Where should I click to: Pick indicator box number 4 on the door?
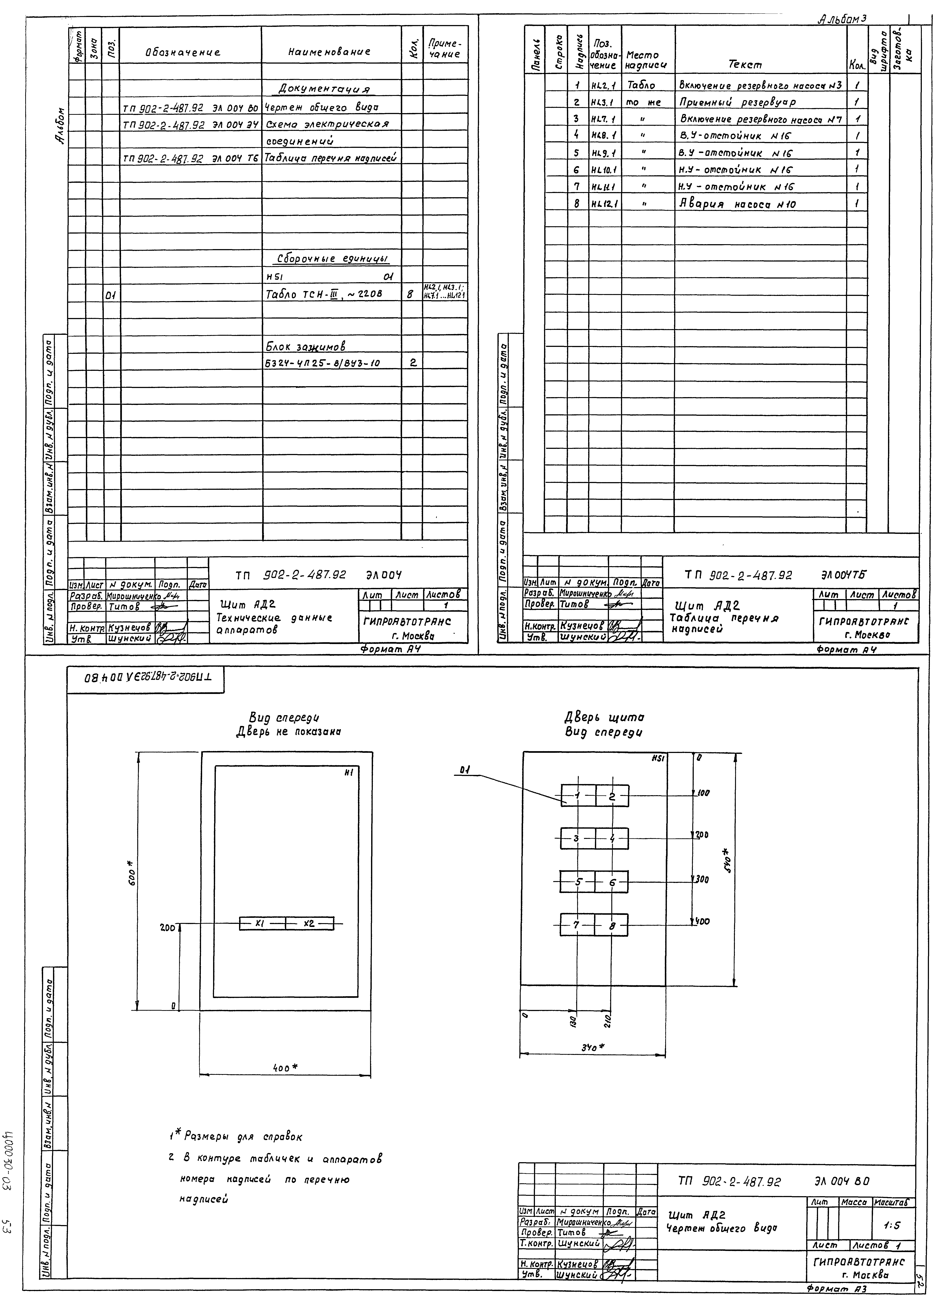[x=612, y=839]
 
